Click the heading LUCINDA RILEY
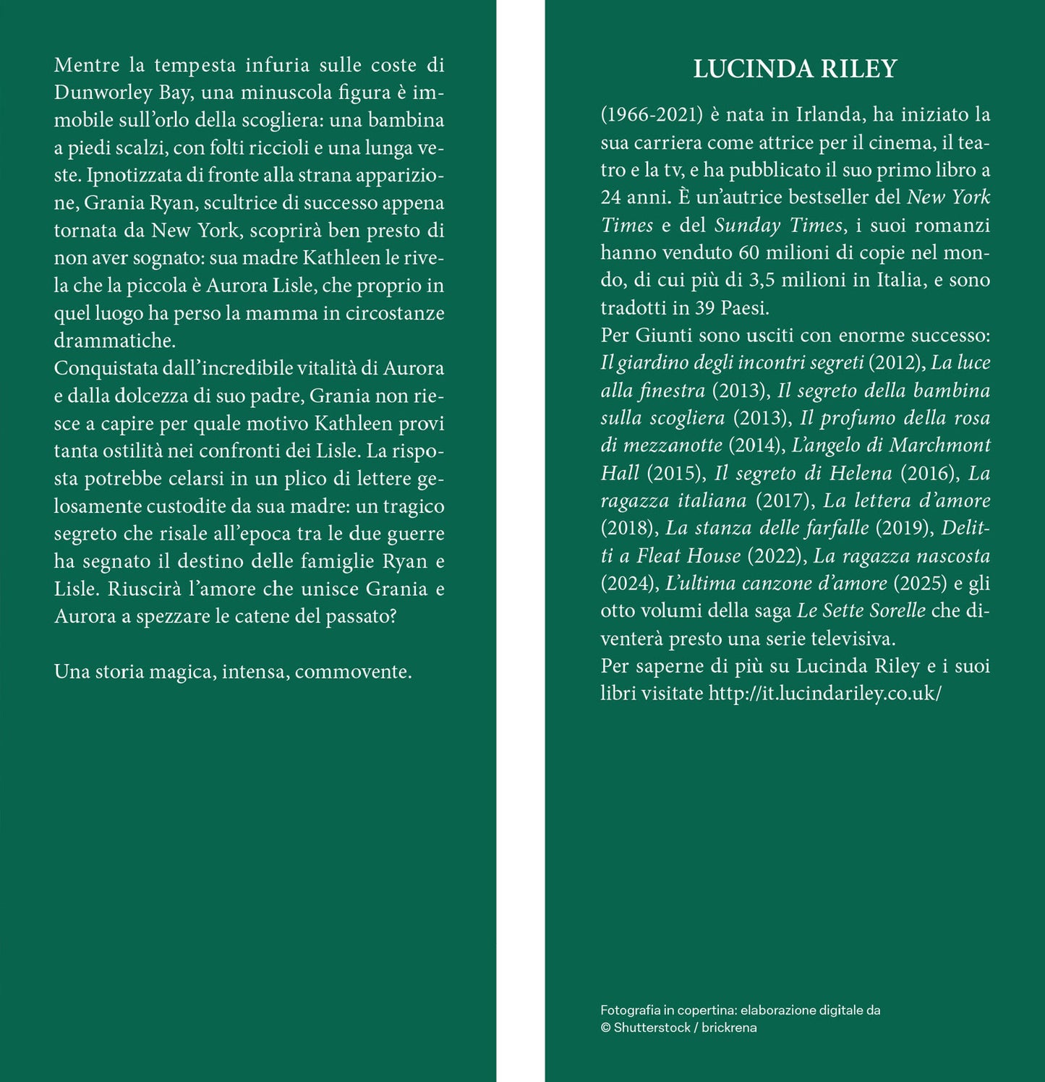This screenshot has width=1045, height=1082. (795, 69)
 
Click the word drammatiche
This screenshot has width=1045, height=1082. (114, 341)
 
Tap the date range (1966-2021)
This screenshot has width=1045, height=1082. (652, 115)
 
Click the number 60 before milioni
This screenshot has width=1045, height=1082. (749, 252)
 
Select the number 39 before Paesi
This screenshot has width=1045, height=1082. (705, 308)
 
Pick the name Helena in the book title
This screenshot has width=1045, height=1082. (861, 473)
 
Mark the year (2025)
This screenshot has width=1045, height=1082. (921, 583)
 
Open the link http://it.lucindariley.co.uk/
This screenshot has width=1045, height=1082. (825, 694)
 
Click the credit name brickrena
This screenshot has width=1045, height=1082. (729, 1028)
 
